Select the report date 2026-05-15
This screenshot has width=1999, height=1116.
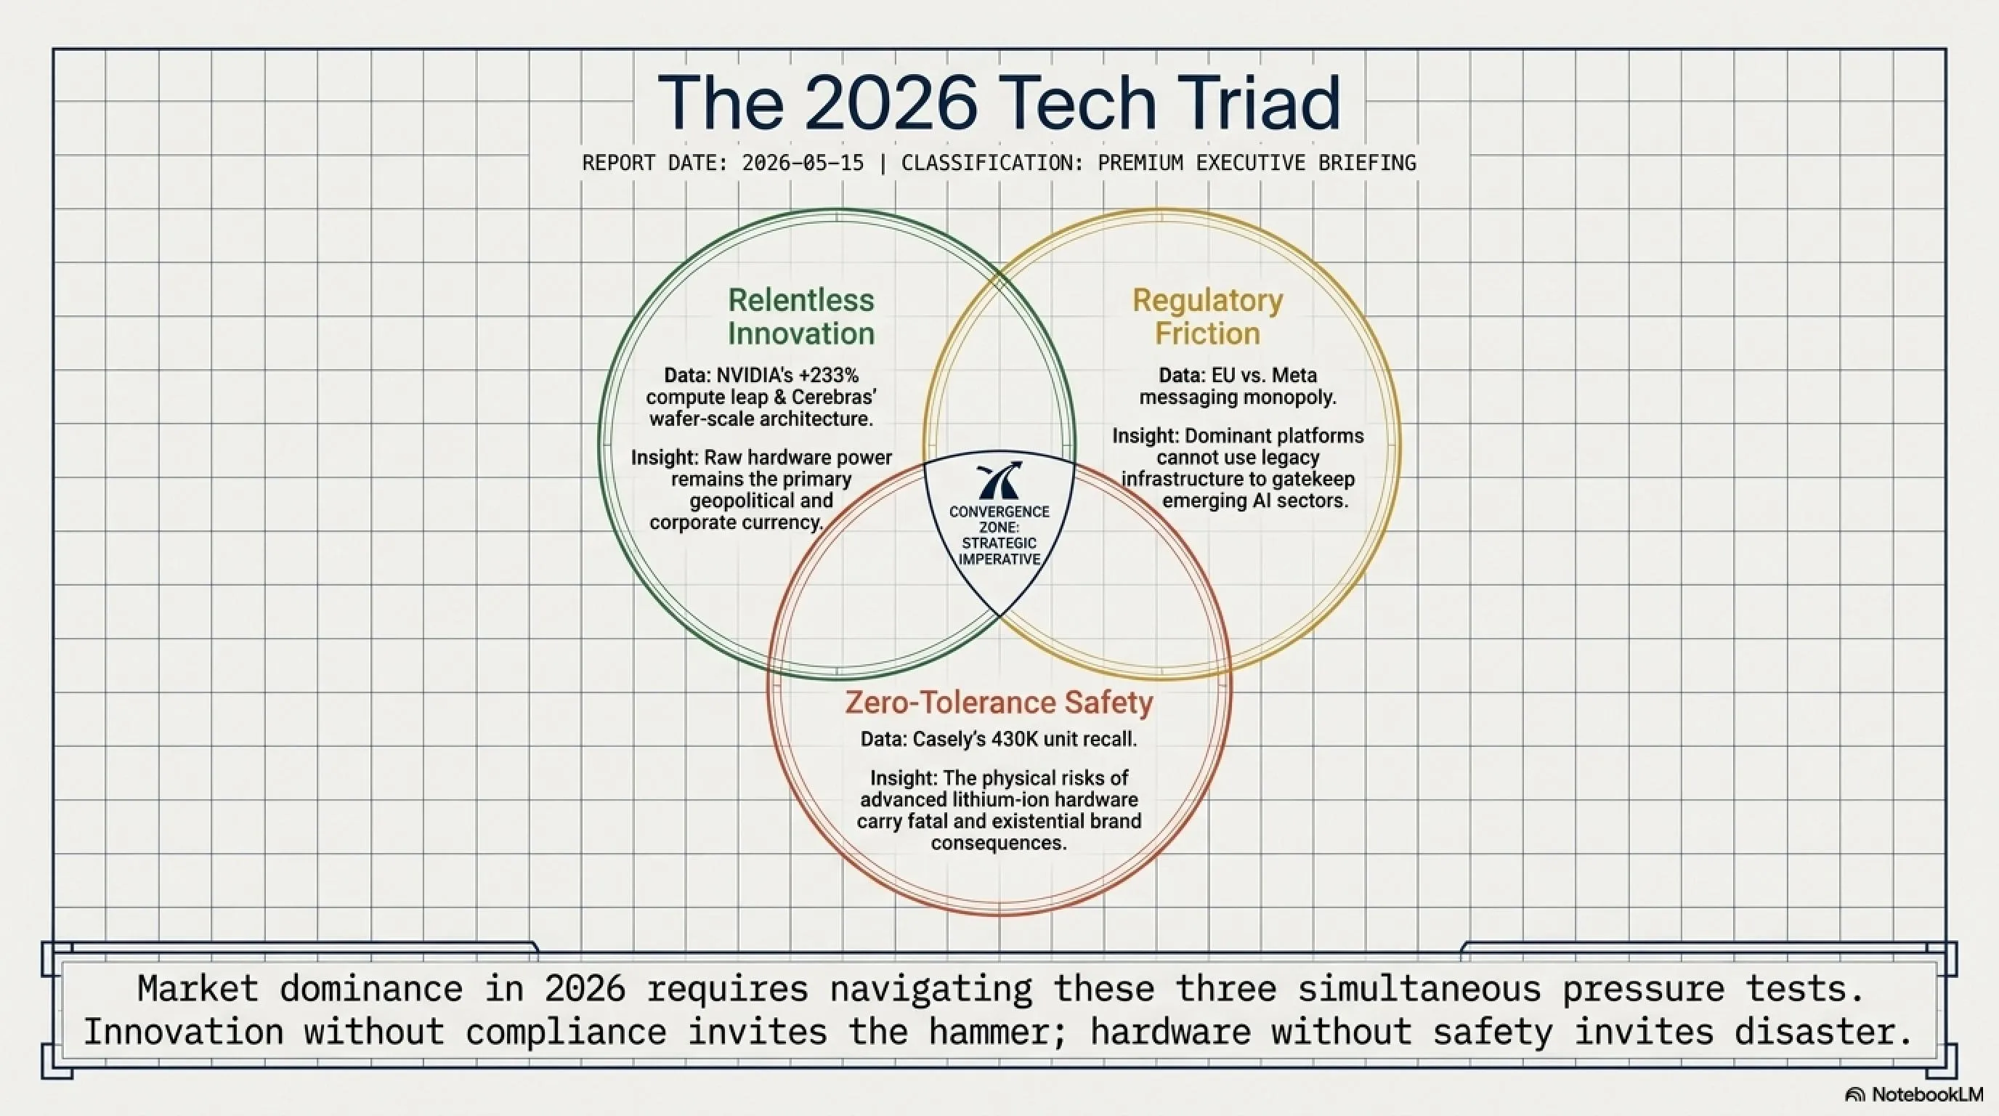click(803, 163)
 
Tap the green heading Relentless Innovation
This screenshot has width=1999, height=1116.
click(801, 317)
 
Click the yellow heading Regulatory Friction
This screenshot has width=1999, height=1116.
click(1207, 317)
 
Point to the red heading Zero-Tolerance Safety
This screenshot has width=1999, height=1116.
click(999, 703)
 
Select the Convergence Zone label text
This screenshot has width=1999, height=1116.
click(999, 535)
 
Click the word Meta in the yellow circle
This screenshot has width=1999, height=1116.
click(1296, 376)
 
